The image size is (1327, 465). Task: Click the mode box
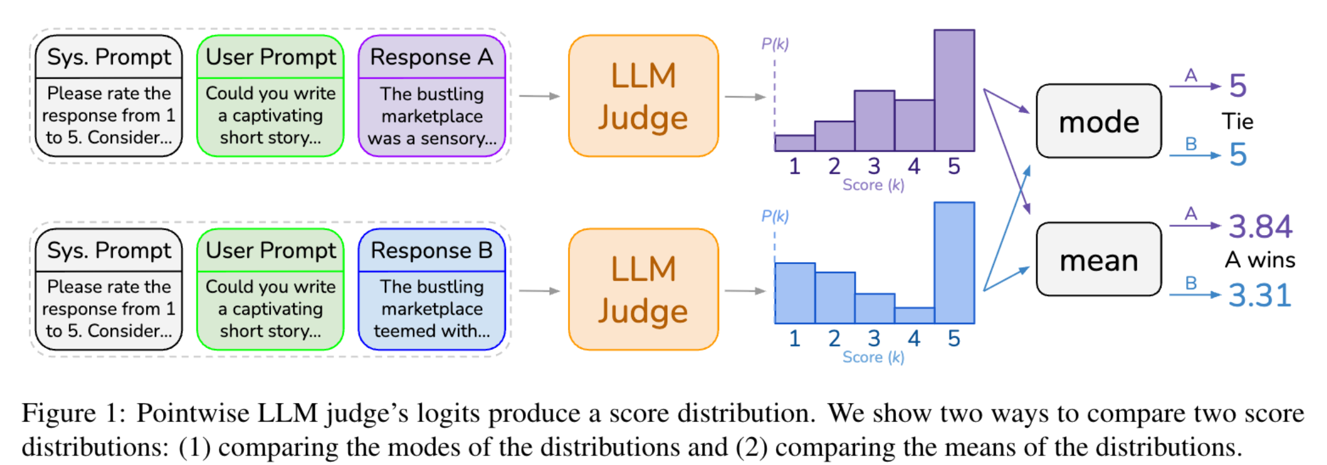(1098, 121)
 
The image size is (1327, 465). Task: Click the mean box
(1098, 260)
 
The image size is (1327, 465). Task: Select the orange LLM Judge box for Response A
(643, 96)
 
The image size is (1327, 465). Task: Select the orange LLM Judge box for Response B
(643, 289)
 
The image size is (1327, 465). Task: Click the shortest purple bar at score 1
(794, 143)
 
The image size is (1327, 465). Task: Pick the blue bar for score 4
(914, 315)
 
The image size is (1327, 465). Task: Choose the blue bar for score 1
(794, 293)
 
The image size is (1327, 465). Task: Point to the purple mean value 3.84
(1260, 227)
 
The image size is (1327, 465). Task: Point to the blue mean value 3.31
(1259, 296)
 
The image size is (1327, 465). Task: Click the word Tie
(1237, 121)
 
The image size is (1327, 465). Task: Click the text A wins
(1259, 260)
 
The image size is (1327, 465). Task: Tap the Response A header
(432, 57)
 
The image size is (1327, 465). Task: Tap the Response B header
(432, 251)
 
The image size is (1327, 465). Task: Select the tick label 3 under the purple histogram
(874, 166)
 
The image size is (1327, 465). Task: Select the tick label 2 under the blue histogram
(834, 339)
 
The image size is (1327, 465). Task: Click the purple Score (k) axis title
(873, 185)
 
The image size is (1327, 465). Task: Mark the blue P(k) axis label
(775, 216)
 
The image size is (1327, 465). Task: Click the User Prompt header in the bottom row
(270, 251)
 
